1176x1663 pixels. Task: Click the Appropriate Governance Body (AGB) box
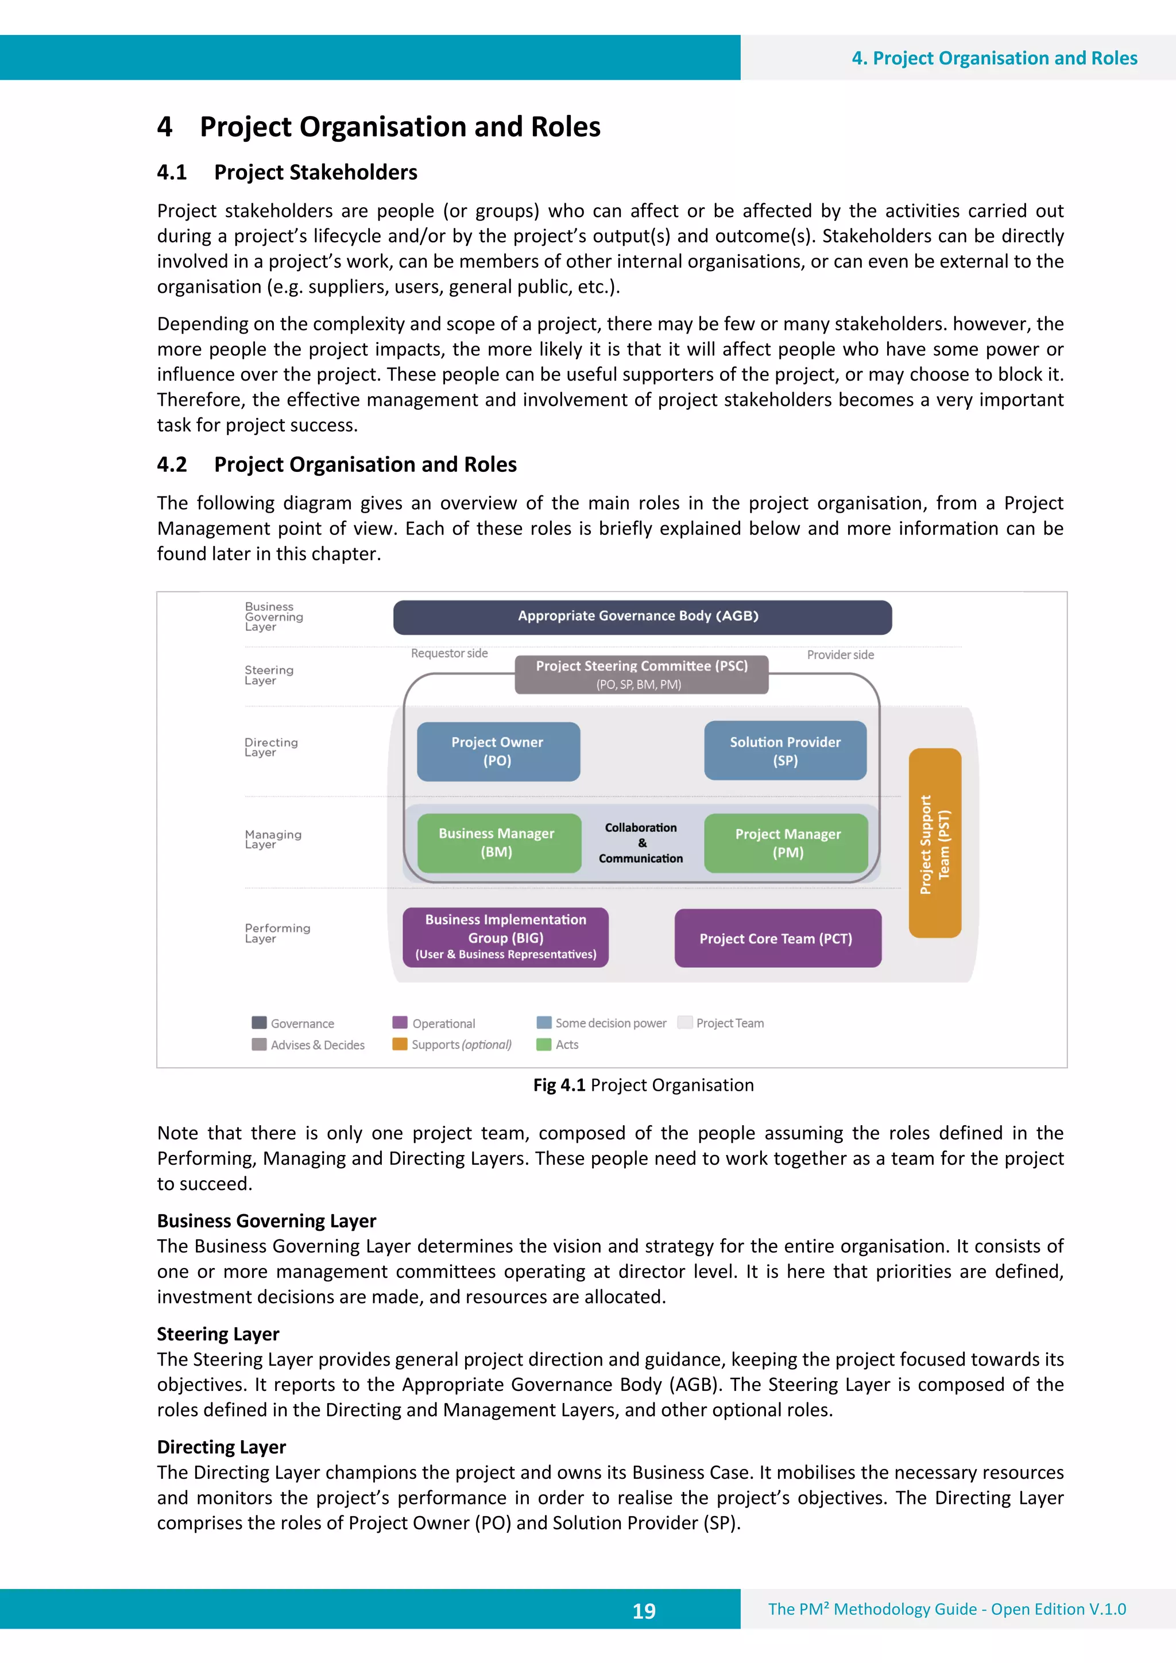(x=642, y=617)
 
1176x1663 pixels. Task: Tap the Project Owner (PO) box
(x=498, y=751)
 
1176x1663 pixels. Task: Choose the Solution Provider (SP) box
(x=785, y=750)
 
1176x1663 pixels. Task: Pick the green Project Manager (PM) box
(x=786, y=843)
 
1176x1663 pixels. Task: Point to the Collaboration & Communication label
(x=640, y=843)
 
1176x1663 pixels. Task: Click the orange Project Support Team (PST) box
(x=935, y=844)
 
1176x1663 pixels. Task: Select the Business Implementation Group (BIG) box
(x=505, y=937)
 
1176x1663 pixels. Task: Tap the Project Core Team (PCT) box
(x=777, y=939)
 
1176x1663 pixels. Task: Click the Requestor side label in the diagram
(x=449, y=653)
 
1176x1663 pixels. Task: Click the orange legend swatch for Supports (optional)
(x=399, y=1044)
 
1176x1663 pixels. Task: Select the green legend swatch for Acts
(x=543, y=1044)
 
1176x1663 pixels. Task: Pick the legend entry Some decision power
(x=610, y=1023)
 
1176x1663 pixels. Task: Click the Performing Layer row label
(x=277, y=933)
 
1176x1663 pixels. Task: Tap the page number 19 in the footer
(x=644, y=1611)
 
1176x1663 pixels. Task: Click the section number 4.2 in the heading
(x=172, y=464)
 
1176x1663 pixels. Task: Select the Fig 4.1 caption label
(x=559, y=1085)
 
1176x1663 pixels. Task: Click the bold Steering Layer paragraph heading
(x=218, y=1333)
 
